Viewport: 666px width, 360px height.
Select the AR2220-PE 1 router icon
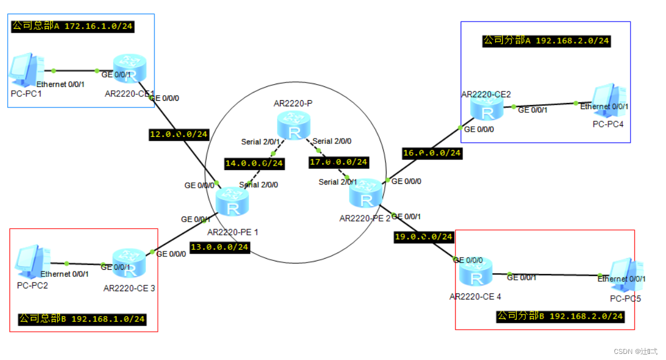[x=233, y=202]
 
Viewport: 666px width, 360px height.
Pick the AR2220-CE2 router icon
[x=487, y=108]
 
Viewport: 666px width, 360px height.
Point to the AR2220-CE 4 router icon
[x=475, y=272]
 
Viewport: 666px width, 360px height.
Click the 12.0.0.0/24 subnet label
[x=179, y=134]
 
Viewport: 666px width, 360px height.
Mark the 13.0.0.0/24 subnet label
[x=219, y=247]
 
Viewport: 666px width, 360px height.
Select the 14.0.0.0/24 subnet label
[x=254, y=163]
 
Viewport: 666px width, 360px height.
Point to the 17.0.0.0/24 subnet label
[x=338, y=162]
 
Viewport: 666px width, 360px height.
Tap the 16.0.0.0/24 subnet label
[x=432, y=152]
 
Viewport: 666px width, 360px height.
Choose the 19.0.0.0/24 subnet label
[x=424, y=236]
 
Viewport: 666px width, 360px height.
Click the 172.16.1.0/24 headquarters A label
[x=73, y=26]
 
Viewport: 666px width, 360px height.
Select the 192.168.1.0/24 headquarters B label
[x=82, y=319]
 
